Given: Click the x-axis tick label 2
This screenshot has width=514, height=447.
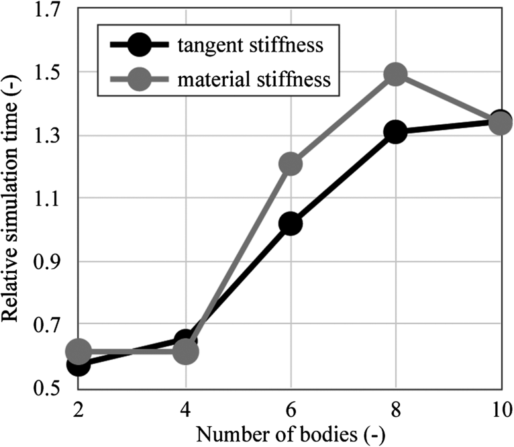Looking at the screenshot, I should [x=79, y=409].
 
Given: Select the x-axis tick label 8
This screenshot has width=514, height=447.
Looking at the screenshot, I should [x=396, y=409].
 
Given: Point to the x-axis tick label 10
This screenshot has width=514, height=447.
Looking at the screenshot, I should [x=500, y=409].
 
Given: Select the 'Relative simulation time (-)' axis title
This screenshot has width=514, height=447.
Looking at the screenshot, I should [x=13, y=200].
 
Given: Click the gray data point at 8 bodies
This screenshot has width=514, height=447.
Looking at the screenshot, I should [x=396, y=74].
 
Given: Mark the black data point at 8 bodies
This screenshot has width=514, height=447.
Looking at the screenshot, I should [x=396, y=132].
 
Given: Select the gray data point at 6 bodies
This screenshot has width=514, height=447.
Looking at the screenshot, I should [x=291, y=164].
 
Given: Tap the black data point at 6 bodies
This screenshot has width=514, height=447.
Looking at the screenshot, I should [x=291, y=223].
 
